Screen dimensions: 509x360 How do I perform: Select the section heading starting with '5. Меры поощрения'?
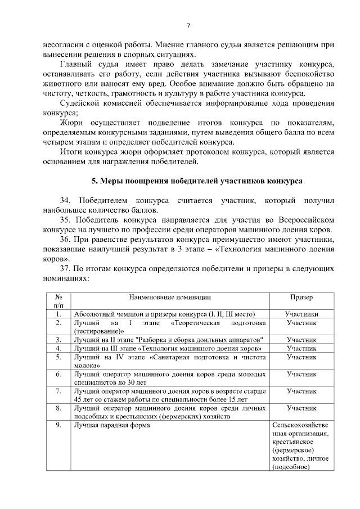[196, 181]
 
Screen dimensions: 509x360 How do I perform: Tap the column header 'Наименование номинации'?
[170, 297]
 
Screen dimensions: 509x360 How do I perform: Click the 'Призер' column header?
[301, 297]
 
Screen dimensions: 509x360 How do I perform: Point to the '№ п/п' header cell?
[58, 301]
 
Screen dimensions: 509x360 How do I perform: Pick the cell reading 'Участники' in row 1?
[301, 314]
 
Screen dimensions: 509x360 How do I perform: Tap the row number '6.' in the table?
[58, 373]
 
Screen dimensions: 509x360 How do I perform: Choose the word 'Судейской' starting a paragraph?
[78, 103]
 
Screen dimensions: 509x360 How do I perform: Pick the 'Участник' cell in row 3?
[301, 340]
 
